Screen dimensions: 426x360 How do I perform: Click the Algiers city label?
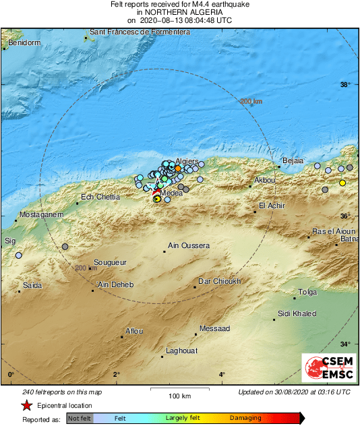(x=187, y=162)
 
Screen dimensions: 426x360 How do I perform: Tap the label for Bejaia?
(x=293, y=160)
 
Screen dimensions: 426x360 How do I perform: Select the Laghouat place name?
(x=181, y=351)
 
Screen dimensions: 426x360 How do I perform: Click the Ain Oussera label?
(x=189, y=246)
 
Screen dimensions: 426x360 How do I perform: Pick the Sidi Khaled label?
(x=297, y=314)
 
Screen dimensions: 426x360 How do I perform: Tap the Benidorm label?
(x=23, y=42)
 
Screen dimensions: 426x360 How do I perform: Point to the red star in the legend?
(x=26, y=406)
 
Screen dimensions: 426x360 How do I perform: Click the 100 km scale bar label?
(x=178, y=396)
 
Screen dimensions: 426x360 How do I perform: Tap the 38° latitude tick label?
(x=344, y=85)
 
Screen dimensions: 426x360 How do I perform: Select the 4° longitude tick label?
(x=222, y=375)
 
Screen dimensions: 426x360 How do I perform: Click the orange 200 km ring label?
(x=251, y=102)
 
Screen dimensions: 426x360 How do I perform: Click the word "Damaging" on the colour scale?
(x=245, y=419)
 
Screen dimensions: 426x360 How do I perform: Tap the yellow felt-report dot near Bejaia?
(x=342, y=183)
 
